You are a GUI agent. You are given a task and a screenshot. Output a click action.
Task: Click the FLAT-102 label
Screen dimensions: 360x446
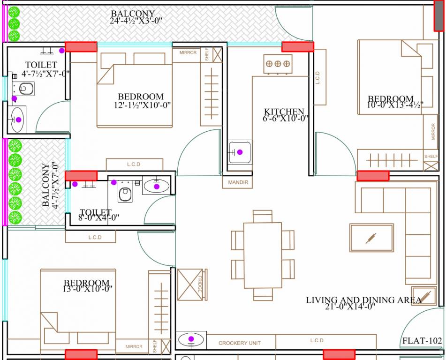(x=422, y=341)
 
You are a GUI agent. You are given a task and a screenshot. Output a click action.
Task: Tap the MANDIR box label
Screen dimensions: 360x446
(x=238, y=182)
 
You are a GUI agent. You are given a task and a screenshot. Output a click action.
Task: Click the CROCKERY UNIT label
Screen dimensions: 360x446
(x=240, y=343)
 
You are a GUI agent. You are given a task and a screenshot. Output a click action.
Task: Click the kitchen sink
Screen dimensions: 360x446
(x=240, y=152)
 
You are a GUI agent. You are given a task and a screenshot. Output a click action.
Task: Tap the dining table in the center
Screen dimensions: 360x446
(x=263, y=255)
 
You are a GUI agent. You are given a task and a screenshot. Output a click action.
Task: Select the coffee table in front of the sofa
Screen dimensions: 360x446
(x=371, y=238)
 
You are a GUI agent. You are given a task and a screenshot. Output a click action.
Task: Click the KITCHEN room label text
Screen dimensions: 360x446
(x=284, y=112)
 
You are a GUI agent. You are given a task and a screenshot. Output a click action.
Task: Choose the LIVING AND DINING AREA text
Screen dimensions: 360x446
(x=363, y=300)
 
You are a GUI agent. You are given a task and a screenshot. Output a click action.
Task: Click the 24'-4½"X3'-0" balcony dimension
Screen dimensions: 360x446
(x=132, y=21)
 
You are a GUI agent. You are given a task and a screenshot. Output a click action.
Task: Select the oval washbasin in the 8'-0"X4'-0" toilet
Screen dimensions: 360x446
(x=157, y=186)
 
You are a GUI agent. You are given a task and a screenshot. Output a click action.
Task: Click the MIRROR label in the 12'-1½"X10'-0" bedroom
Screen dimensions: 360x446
(x=188, y=52)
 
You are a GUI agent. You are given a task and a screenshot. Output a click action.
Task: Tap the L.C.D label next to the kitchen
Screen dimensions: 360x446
(x=318, y=77)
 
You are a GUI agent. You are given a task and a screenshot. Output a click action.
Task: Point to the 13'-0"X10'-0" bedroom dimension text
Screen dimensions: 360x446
(x=88, y=288)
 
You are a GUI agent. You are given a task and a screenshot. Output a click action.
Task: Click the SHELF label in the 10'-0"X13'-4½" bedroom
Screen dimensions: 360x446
(x=431, y=156)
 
